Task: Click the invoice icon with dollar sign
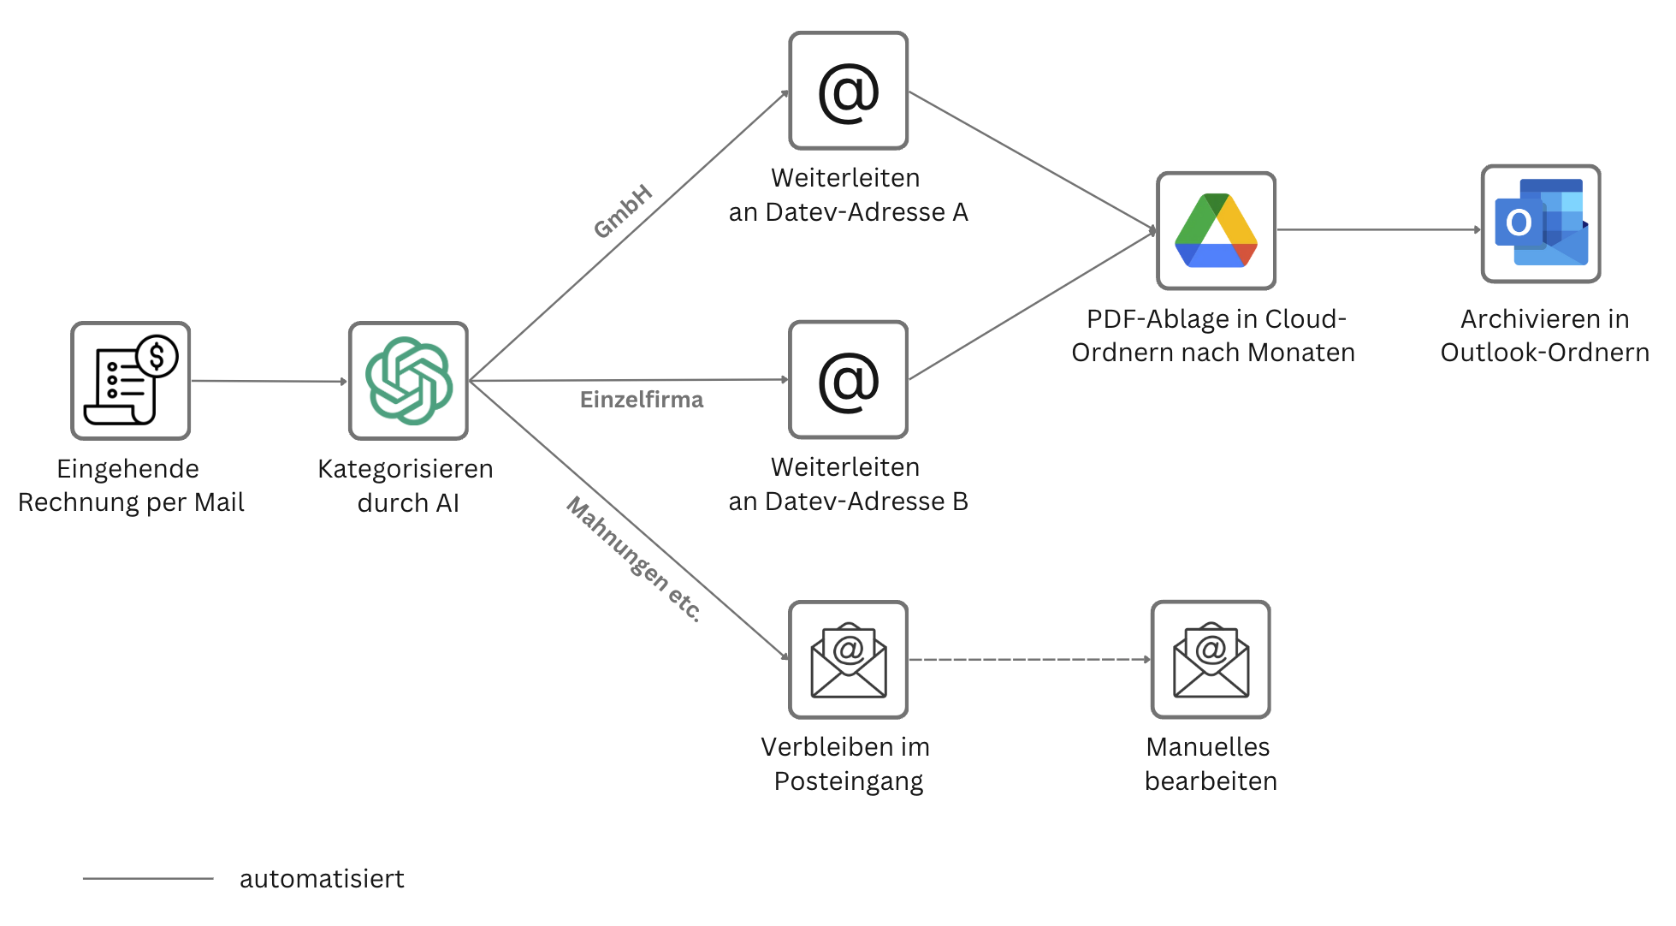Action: coord(130,381)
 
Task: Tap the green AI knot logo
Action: coord(408,381)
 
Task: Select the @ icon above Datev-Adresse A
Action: coord(848,92)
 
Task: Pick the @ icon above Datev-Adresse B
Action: coord(848,380)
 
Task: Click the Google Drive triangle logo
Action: coord(1216,230)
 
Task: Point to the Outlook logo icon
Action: coord(1541,223)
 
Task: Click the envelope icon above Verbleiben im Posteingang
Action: coord(848,659)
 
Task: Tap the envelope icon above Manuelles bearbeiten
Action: coord(1211,659)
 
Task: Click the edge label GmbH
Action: coord(623,211)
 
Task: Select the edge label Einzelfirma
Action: coord(642,400)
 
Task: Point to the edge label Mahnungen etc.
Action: coord(634,558)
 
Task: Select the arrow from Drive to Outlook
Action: coord(1377,229)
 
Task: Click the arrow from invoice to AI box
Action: coord(269,381)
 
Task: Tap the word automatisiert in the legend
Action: coord(322,879)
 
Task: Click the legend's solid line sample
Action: coord(148,878)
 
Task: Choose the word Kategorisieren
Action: coord(406,469)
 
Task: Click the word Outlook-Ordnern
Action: coord(1544,353)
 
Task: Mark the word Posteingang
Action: coord(848,781)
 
